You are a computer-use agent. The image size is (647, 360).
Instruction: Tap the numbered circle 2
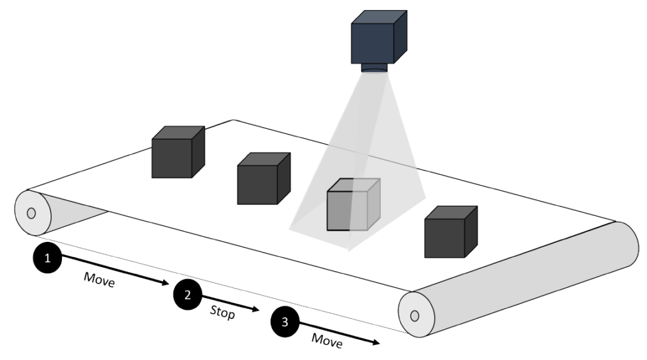[187, 294]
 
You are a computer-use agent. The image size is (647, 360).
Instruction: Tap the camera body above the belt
[377, 37]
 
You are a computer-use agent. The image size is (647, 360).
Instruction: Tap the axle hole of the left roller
[31, 213]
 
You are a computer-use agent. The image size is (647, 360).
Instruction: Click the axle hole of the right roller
[414, 315]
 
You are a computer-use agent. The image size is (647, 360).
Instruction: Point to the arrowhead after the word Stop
[257, 309]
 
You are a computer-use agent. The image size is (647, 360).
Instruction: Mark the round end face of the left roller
[31, 213]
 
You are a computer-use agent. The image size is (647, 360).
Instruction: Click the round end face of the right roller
[415, 315]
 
